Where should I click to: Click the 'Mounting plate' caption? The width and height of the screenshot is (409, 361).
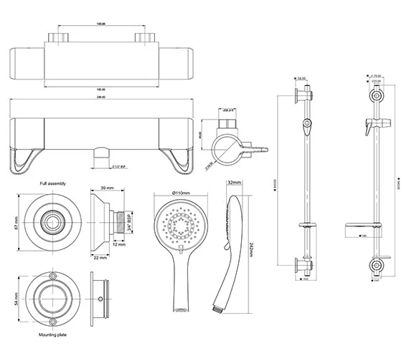(55, 334)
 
